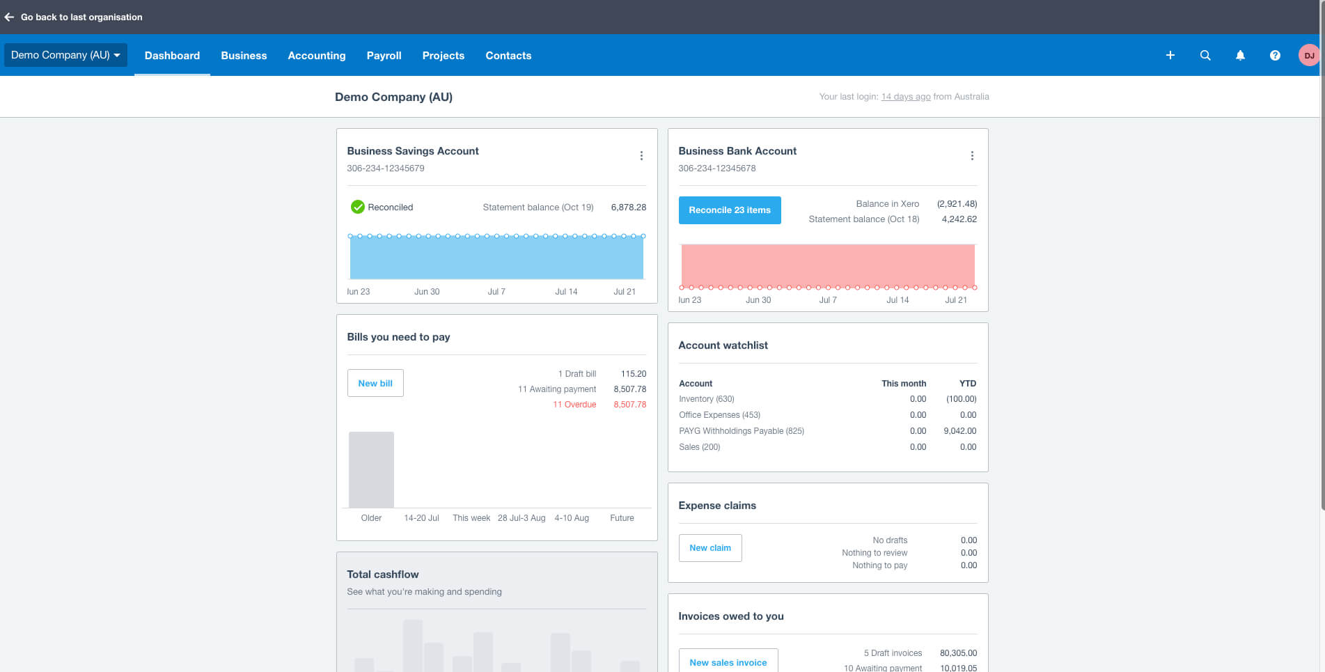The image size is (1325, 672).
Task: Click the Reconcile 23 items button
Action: pos(729,210)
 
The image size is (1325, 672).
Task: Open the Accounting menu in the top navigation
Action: pos(316,56)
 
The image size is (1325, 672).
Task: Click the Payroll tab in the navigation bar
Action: pos(384,56)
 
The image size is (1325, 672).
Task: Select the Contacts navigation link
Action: pos(508,56)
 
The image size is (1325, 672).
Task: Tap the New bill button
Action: pos(375,383)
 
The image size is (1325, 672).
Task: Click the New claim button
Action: pos(709,548)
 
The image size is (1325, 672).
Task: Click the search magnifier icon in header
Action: pos(1205,56)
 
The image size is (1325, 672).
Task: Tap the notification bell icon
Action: pos(1239,56)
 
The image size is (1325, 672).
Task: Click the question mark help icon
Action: pos(1274,56)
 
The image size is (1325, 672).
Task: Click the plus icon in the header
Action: pos(1170,56)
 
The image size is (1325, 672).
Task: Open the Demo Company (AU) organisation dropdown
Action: pos(65,55)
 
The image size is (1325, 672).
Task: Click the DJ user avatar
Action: pos(1308,56)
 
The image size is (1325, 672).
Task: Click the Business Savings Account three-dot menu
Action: pos(641,156)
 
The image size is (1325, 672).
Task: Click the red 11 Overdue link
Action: pos(574,405)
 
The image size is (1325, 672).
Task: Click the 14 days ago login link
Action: pos(905,97)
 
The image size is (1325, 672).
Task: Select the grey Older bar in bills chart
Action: pos(371,469)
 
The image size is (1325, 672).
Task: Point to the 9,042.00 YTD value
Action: pos(959,431)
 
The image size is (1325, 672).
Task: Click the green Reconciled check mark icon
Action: pos(357,207)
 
